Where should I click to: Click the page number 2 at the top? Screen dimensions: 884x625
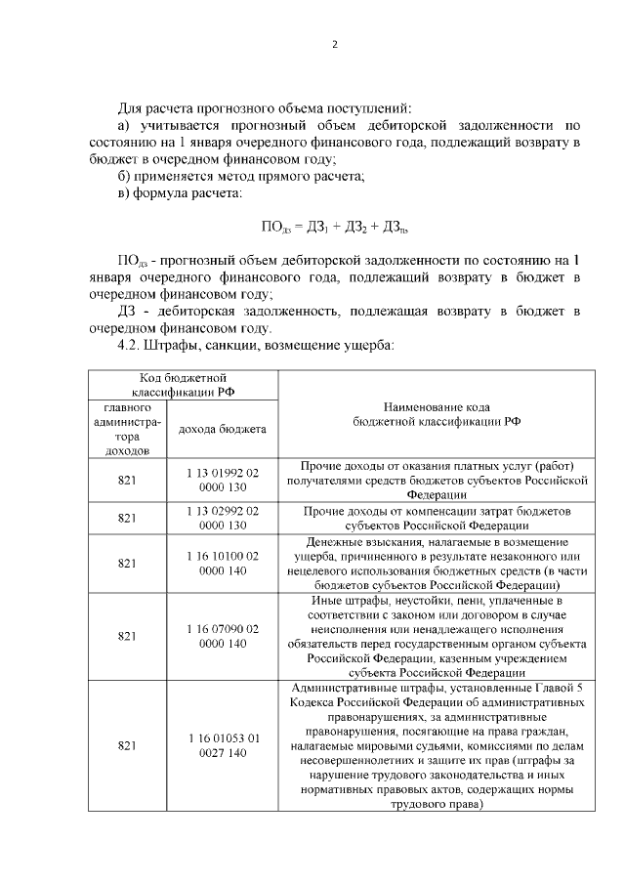click(x=334, y=44)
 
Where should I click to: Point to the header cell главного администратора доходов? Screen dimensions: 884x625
click(x=125, y=428)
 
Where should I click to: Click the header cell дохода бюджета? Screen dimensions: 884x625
click(x=222, y=429)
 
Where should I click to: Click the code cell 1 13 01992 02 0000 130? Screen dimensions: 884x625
click(x=222, y=480)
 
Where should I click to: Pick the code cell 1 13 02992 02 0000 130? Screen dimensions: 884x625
click(x=222, y=518)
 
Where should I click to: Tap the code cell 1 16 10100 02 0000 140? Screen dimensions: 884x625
click(x=222, y=563)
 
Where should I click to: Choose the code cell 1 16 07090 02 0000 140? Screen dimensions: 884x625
click(x=222, y=636)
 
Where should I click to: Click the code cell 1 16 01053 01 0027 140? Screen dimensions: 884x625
click(x=222, y=745)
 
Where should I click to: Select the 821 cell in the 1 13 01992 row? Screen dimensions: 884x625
click(x=125, y=480)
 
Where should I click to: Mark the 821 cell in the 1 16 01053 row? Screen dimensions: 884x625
click(x=125, y=745)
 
